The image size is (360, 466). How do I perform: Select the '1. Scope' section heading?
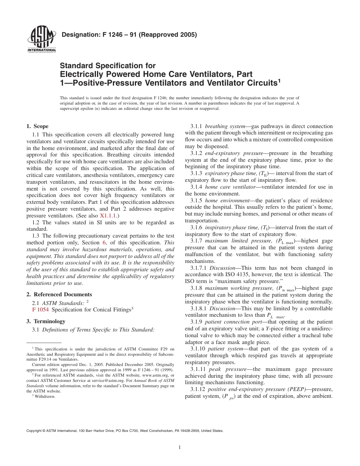point(37,126)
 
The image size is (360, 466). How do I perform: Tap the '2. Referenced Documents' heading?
point(59,294)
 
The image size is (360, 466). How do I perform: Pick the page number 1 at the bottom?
point(180,447)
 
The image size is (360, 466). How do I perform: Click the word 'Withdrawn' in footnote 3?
point(45,396)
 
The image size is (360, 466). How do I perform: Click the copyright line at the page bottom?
point(125,431)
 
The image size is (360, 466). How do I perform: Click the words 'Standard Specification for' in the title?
point(108,66)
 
